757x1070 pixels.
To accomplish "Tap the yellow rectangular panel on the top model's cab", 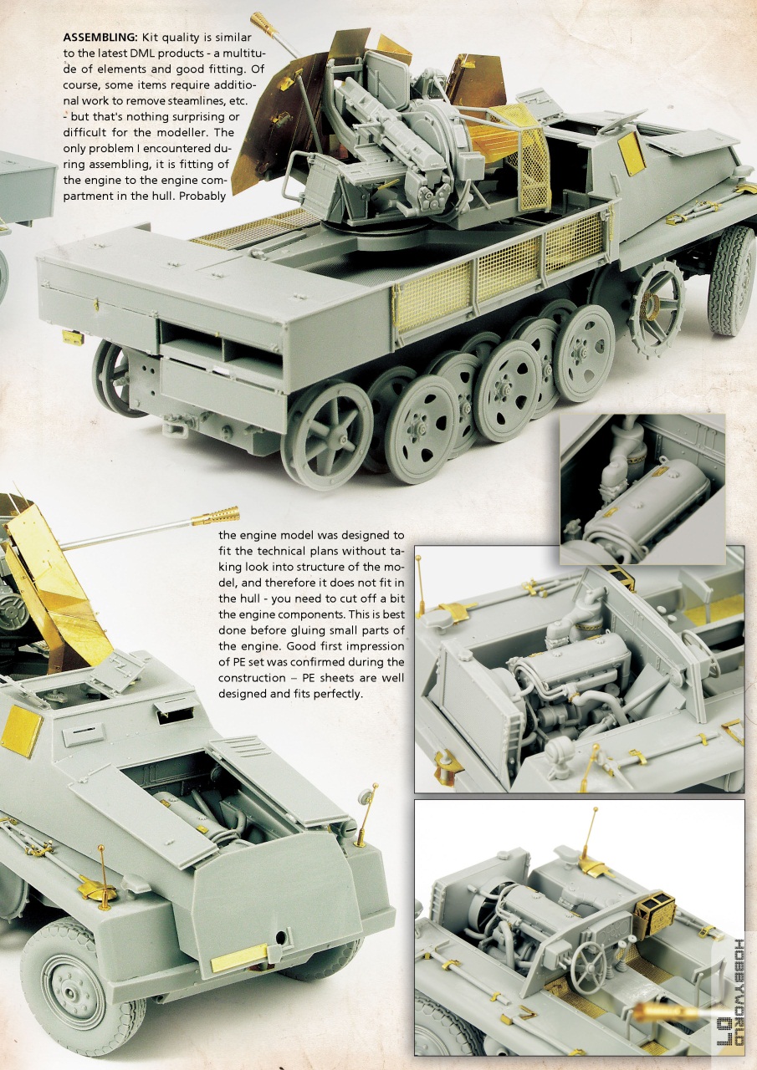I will pos(632,153).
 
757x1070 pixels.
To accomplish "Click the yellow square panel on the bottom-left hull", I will pos(22,730).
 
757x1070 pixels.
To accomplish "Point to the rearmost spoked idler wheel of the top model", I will pos(327,436).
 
